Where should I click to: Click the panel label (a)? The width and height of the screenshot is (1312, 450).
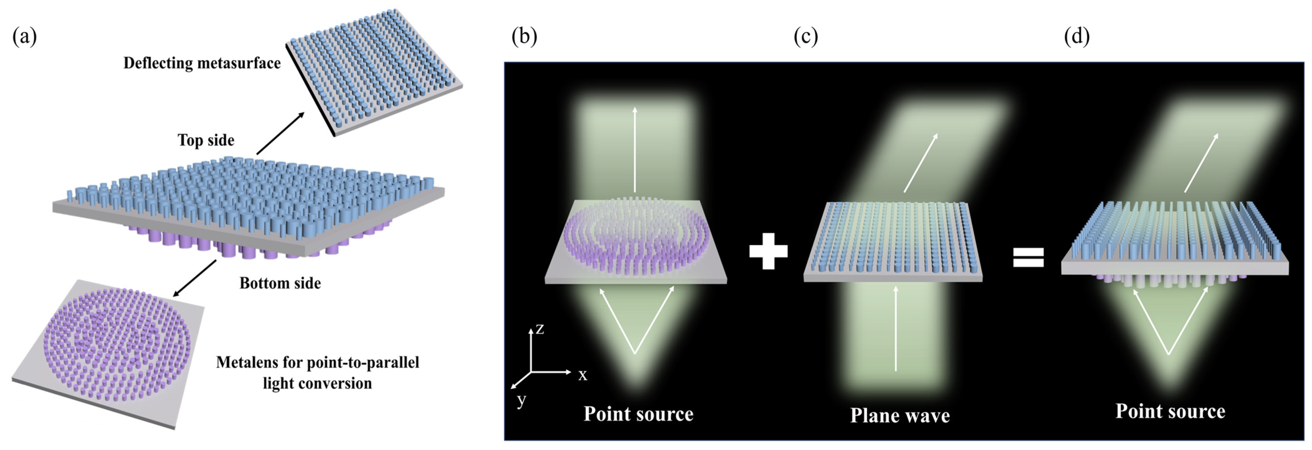coord(25,37)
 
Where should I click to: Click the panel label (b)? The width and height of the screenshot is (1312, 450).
coord(524,37)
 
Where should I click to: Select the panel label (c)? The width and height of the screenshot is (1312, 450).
coord(806,37)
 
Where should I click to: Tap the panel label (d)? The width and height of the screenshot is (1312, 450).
coord(1077,37)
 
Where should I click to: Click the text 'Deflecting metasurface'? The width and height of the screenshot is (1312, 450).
coord(202,63)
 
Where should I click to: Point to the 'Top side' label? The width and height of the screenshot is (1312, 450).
coord(206,140)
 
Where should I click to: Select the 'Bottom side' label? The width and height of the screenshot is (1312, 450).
coord(280,283)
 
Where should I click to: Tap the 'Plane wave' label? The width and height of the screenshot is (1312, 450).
coord(900,416)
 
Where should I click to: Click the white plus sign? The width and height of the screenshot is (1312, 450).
coord(768,251)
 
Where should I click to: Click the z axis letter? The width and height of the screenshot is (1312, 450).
coord(540,329)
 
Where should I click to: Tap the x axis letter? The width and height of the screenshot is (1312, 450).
coord(583,375)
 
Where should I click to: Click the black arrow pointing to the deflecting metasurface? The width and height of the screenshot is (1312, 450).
coord(280,133)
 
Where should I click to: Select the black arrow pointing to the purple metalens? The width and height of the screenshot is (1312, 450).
coord(195,278)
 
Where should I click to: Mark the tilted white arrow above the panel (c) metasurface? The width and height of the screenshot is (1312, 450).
coord(921,163)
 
